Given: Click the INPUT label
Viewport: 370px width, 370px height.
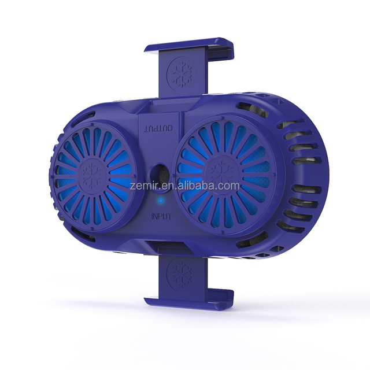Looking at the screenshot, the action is (x=161, y=216).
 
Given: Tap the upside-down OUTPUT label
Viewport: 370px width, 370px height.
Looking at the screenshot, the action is (x=158, y=128).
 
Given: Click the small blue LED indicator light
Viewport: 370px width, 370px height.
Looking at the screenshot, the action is (x=161, y=201).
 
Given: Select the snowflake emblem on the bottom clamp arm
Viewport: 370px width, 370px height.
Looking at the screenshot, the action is (x=181, y=273).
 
